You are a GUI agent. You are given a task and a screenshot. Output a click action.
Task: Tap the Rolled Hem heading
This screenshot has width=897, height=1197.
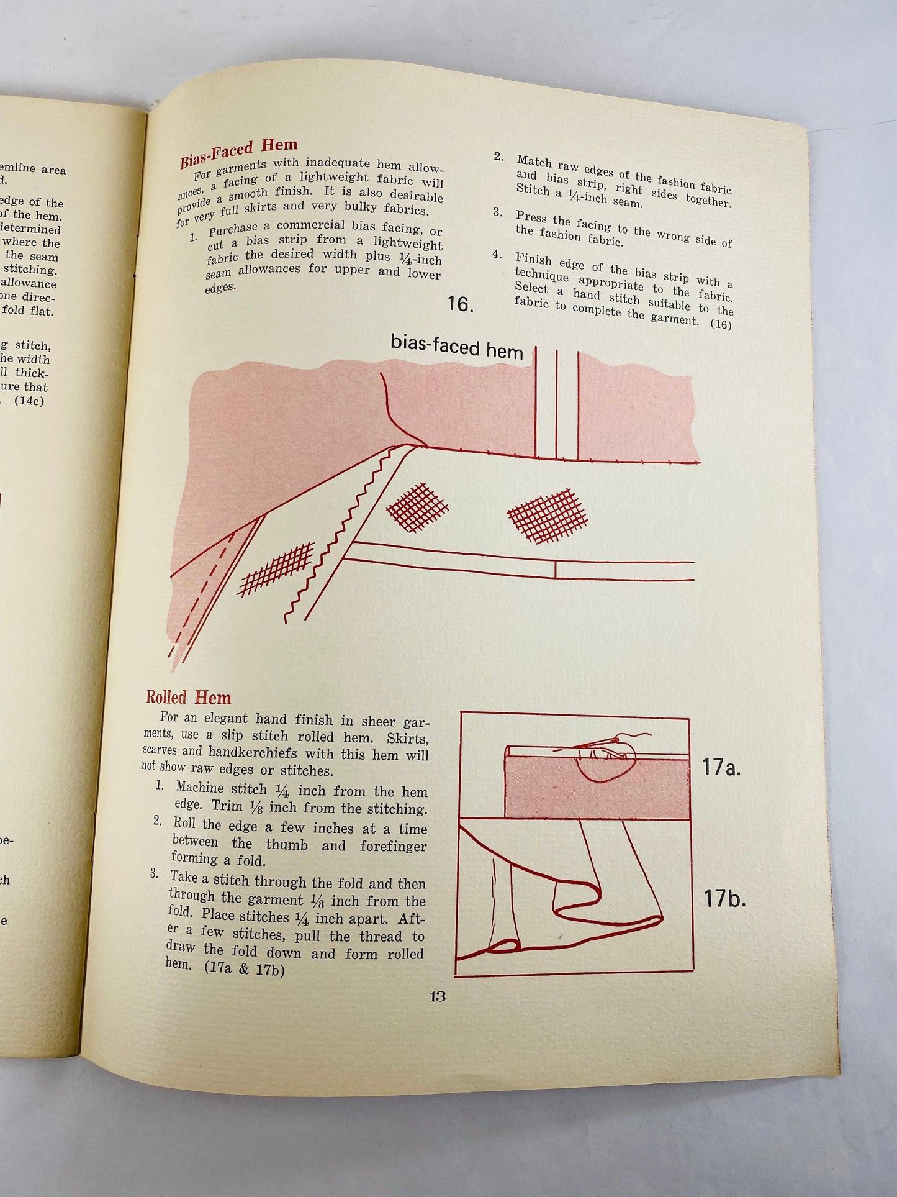[188, 697]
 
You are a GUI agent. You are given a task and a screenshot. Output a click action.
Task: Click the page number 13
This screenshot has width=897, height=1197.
[437, 996]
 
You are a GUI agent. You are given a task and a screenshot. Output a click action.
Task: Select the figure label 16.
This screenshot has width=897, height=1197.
[460, 305]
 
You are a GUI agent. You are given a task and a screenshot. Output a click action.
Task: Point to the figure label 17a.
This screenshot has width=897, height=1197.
[722, 768]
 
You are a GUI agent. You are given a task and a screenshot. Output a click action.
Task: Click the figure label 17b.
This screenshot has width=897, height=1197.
[724, 899]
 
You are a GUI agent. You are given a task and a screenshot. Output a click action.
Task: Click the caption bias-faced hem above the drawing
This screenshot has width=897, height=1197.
[456, 347]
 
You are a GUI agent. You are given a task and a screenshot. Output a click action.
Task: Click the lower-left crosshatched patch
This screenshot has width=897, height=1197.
[276, 568]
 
